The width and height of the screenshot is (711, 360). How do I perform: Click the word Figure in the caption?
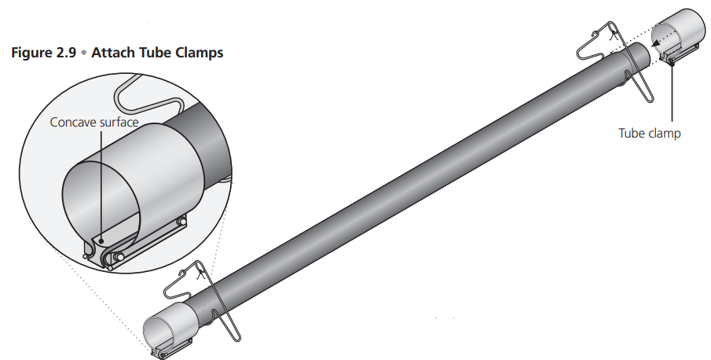click(x=29, y=53)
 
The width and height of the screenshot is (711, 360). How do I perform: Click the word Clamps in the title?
click(x=200, y=53)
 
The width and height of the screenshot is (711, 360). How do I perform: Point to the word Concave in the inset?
click(x=72, y=123)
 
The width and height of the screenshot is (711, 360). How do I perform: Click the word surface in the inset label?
click(x=117, y=123)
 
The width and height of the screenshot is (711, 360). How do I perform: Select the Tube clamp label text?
click(x=649, y=133)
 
